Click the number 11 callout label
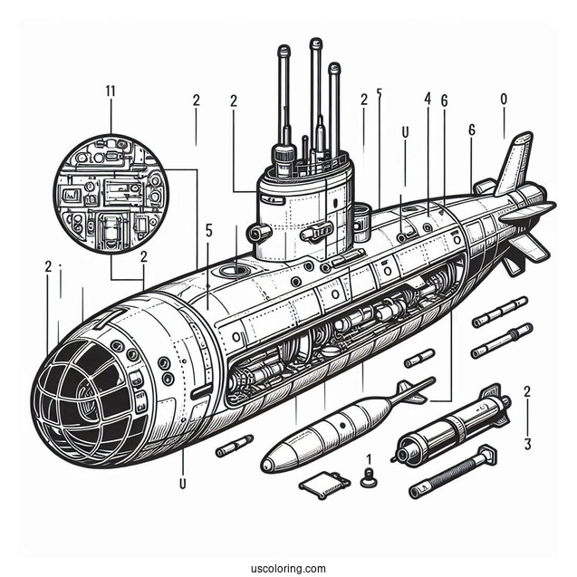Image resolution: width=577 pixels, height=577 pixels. pos(111,90)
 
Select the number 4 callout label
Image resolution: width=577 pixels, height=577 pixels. pos(427,98)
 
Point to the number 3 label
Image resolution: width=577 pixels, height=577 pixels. pos(527,444)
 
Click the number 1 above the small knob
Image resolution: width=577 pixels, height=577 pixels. pos(369,460)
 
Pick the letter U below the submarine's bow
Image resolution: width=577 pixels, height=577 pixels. pos(183,484)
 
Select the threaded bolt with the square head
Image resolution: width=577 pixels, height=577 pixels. pos(454,471)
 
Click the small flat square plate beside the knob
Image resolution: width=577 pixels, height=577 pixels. pos(324,483)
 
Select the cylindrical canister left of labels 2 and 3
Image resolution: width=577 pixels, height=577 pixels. pos(453,427)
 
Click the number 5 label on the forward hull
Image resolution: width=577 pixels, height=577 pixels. pos(209,231)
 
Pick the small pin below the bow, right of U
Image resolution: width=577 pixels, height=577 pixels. pos(234,445)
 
